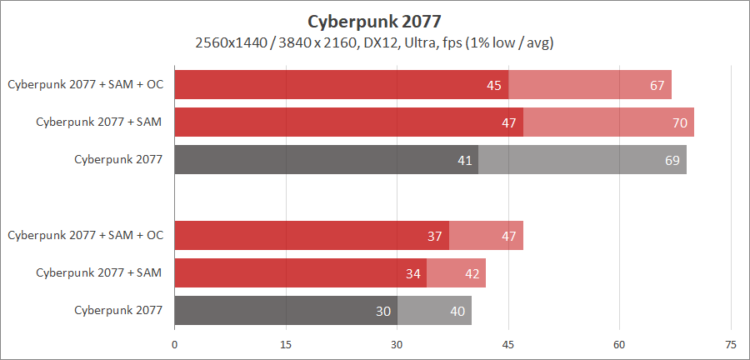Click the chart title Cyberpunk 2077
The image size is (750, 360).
coord(374,20)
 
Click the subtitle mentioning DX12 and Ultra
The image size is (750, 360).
coord(374,42)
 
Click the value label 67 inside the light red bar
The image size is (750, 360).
coord(657,85)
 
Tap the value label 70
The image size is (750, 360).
coord(680,122)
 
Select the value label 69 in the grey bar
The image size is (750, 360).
coord(672,160)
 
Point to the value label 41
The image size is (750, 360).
coord(465,160)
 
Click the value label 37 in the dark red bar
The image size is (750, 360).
coord(435,236)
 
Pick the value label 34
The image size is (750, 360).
coord(412,273)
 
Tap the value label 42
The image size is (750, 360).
coord(472,273)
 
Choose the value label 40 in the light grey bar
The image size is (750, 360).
coord(457,311)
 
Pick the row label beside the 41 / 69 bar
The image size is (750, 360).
coord(117,160)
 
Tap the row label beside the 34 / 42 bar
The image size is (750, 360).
coord(98,273)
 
